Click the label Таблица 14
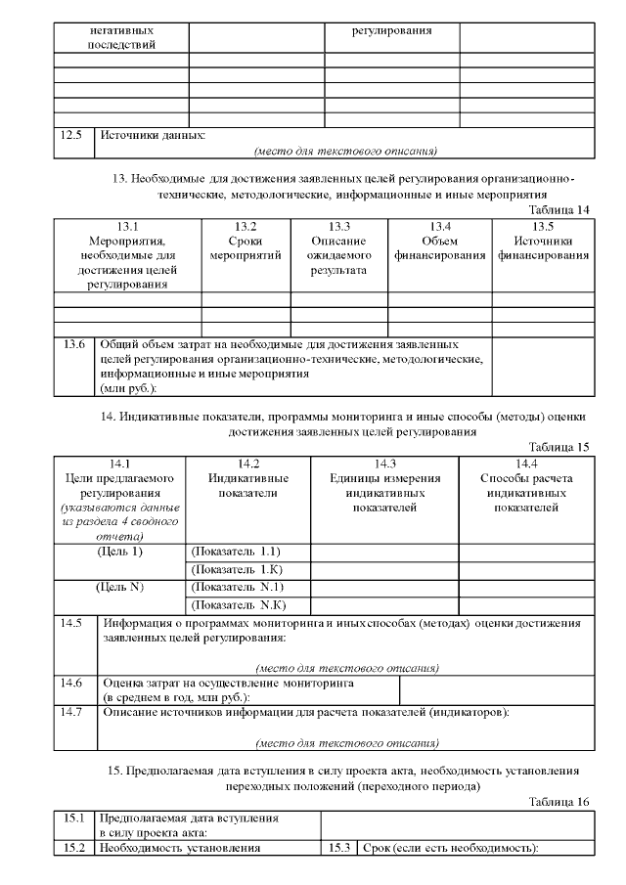pyautogui.click(x=559, y=209)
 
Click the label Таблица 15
pyautogui.click(x=559, y=447)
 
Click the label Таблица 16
pyautogui.click(x=559, y=802)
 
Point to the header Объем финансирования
pyautogui.click(x=439, y=247)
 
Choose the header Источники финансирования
pyautogui.click(x=543, y=247)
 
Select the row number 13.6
pyautogui.click(x=73, y=344)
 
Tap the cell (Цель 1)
pyautogui.click(x=120, y=553)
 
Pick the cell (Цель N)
pyautogui.click(x=120, y=588)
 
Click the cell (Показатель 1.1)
pyautogui.click(x=237, y=553)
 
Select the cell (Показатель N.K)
pyautogui.click(x=237, y=605)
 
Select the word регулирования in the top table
pyautogui.click(x=391, y=30)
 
